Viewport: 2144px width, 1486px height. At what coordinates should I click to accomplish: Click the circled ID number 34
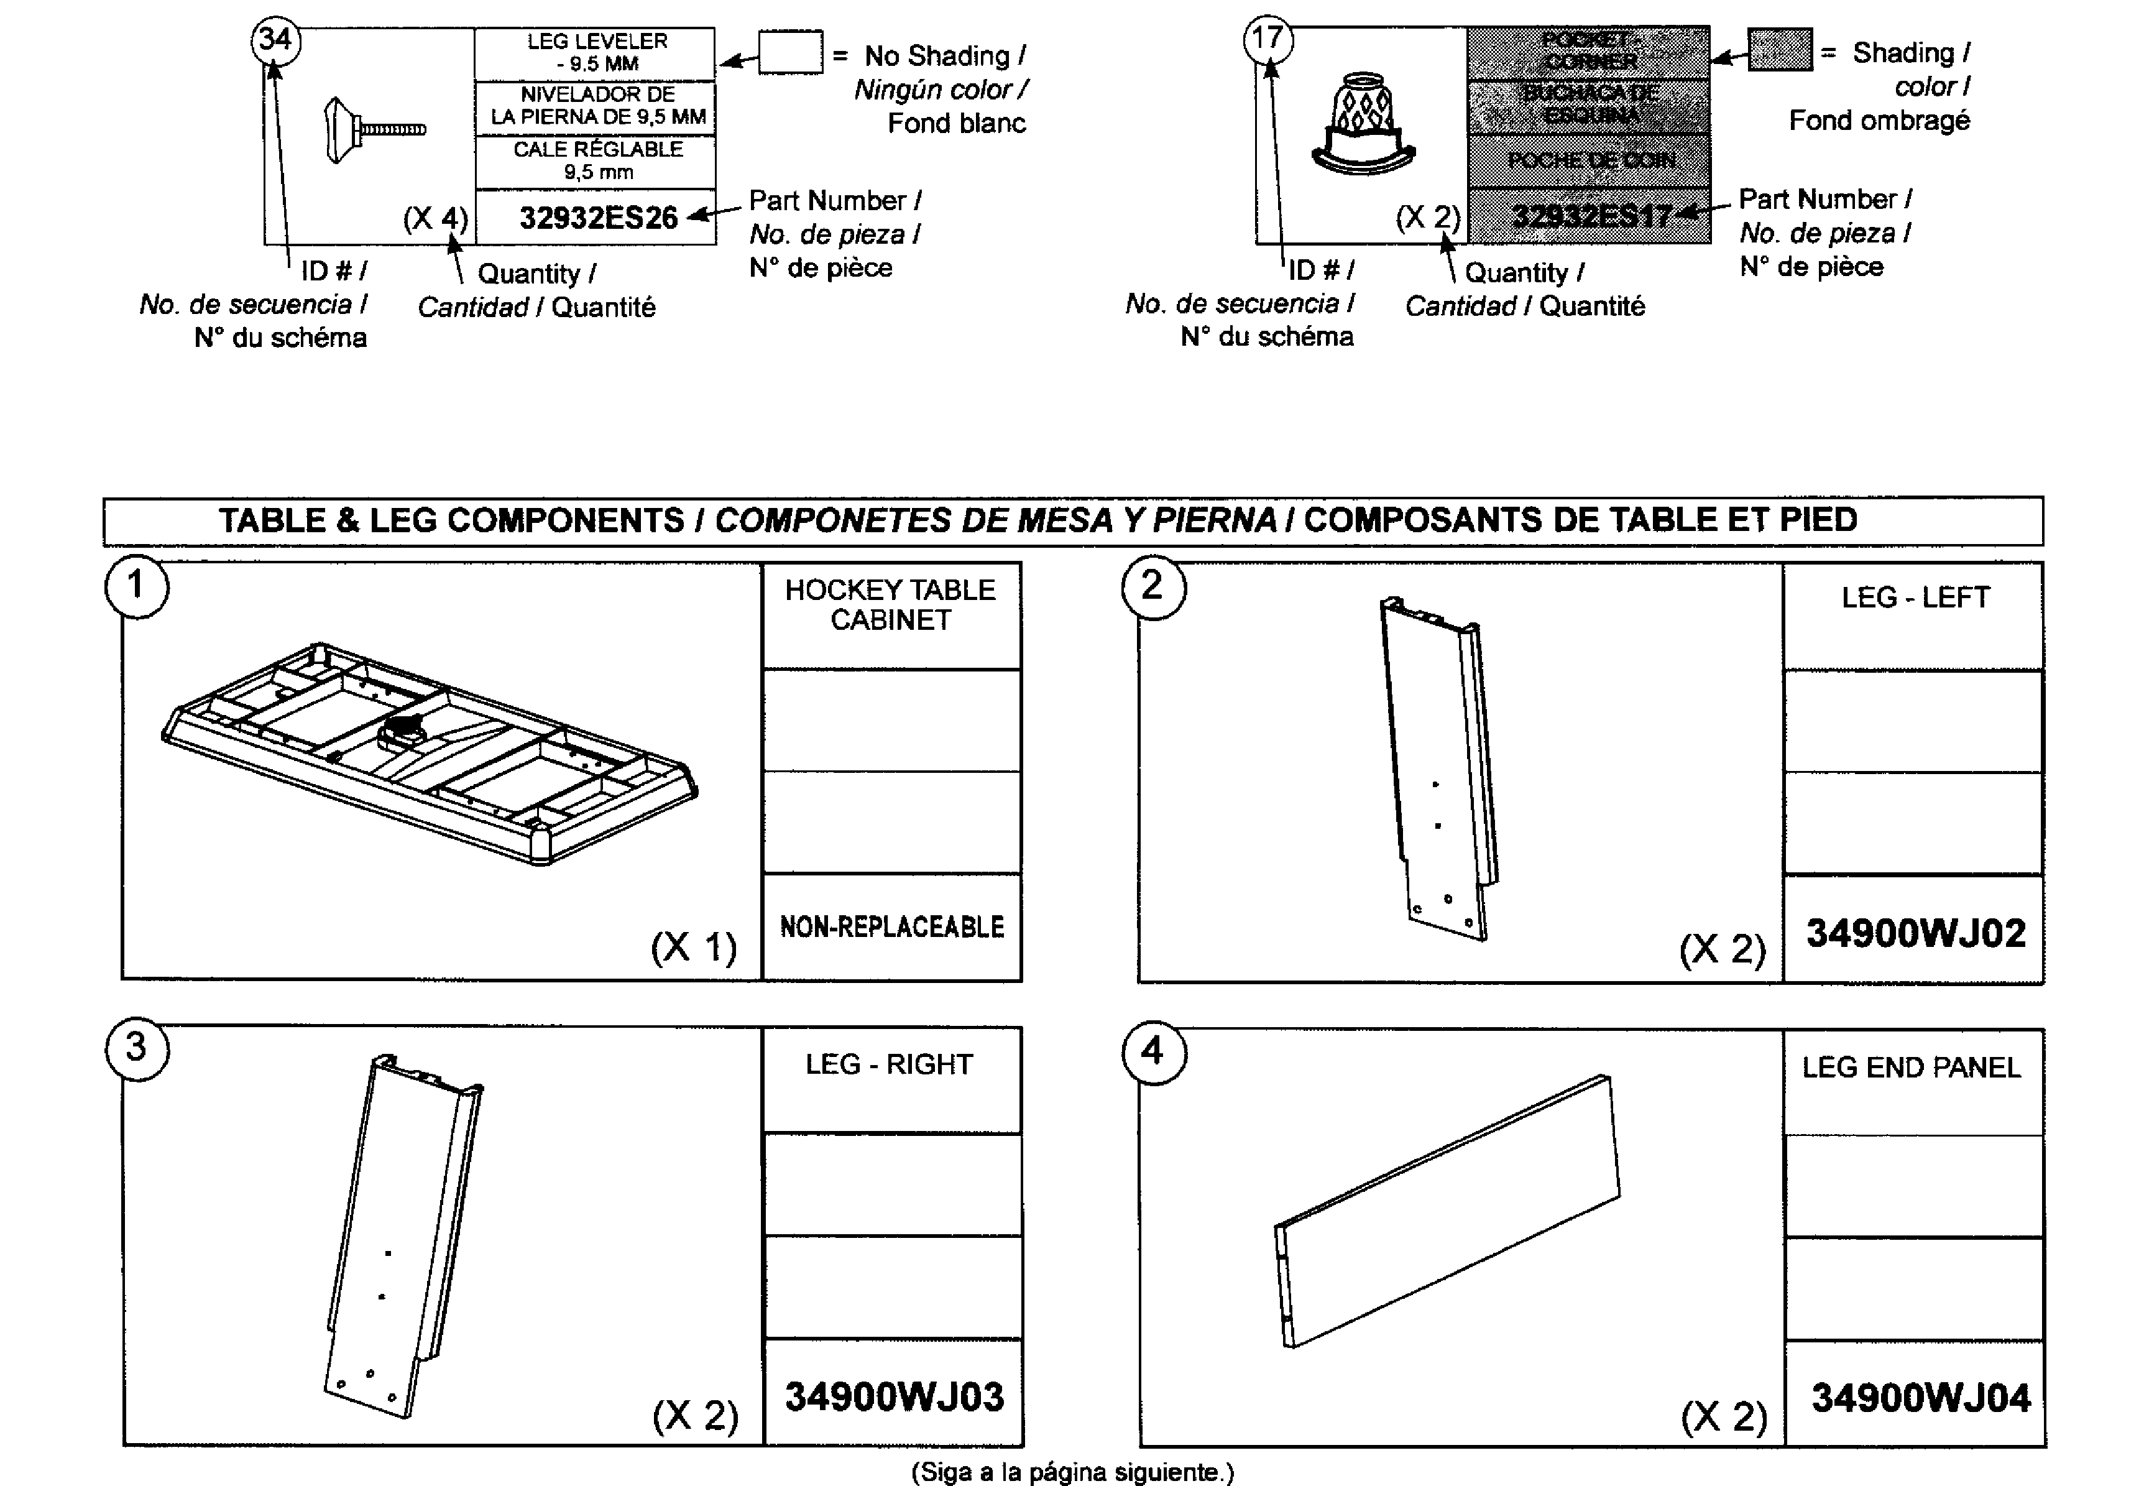pyautogui.click(x=275, y=40)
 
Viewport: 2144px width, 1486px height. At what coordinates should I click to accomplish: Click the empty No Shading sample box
pyautogui.click(x=789, y=52)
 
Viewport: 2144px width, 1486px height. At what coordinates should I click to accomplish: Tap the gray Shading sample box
pyautogui.click(x=1779, y=49)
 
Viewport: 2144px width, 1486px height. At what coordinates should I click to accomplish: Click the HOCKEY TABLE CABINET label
pyautogui.click(x=890, y=605)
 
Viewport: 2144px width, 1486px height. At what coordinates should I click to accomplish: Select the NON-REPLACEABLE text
pyautogui.click(x=891, y=928)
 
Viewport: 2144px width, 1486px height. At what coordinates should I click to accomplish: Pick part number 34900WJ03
pyautogui.click(x=894, y=1396)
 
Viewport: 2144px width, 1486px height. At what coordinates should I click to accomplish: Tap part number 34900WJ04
pyautogui.click(x=1920, y=1398)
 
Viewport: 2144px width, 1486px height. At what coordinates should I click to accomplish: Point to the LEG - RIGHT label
pyautogui.click(x=889, y=1064)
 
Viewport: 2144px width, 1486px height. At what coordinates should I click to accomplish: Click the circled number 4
pyautogui.click(x=1153, y=1051)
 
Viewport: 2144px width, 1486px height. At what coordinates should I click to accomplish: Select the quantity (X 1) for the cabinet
pyautogui.click(x=694, y=948)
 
